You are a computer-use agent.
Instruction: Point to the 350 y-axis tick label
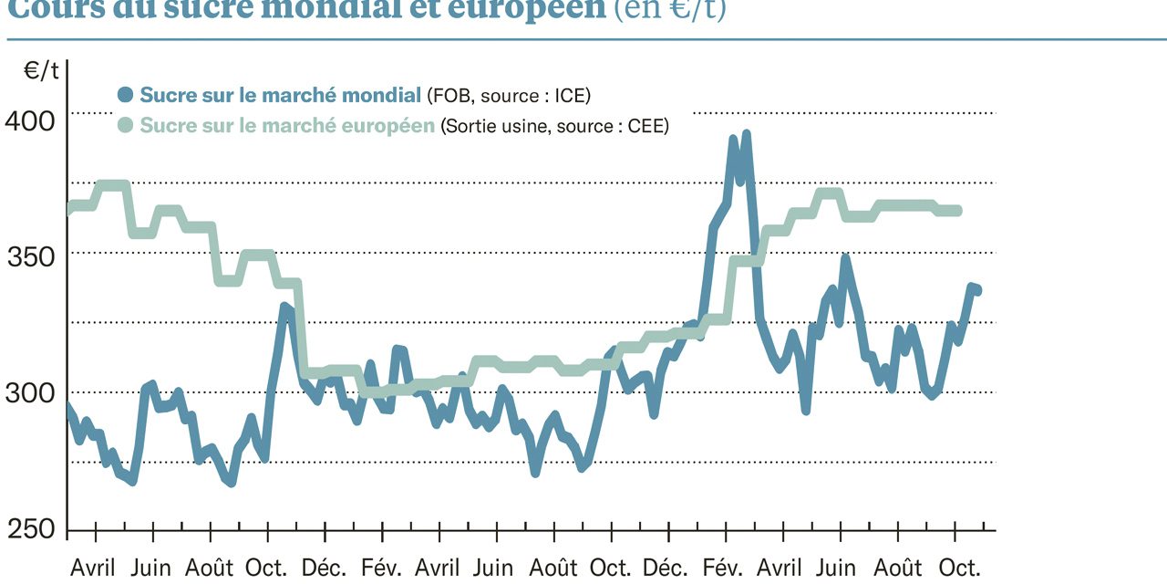point(31,255)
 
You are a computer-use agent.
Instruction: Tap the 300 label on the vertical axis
point(31,393)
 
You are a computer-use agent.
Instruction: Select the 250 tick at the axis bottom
point(31,530)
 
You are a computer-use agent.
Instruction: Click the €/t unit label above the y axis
point(41,71)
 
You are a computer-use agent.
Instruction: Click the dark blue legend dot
point(126,95)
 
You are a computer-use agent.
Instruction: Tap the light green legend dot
point(126,126)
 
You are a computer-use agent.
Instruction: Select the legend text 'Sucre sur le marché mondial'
point(280,95)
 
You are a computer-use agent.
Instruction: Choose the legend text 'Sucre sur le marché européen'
point(286,126)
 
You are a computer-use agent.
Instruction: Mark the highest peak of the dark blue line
point(746,134)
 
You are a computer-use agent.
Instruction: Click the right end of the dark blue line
point(977,291)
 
